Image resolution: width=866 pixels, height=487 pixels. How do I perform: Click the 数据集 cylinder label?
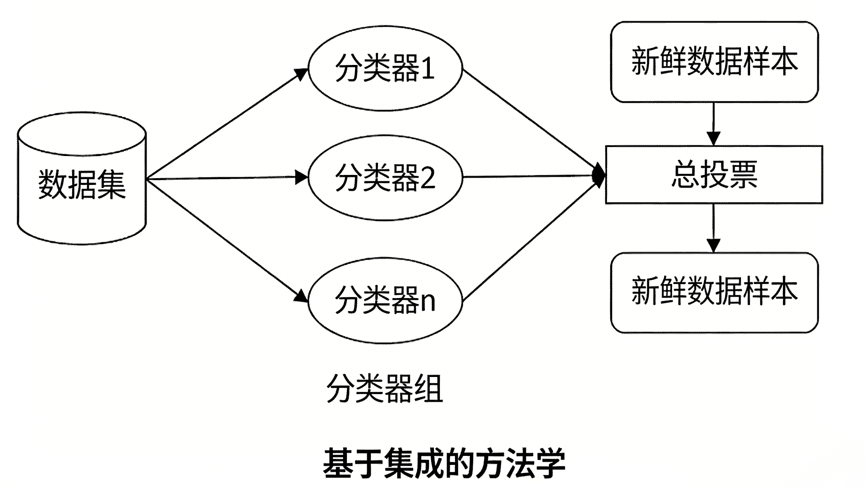click(82, 184)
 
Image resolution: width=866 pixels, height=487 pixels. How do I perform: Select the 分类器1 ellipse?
click(385, 69)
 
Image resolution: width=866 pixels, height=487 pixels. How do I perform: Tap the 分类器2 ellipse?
click(385, 177)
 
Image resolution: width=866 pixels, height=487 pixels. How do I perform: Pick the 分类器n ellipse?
click(385, 300)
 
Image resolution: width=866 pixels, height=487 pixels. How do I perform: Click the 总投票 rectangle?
click(714, 175)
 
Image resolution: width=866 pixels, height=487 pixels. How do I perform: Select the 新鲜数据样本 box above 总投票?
click(714, 62)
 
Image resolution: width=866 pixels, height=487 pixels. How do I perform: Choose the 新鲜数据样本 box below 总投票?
click(714, 292)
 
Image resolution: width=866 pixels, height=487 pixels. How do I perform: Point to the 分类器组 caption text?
click(385, 389)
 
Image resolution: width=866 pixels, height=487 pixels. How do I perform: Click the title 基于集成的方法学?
click(444, 463)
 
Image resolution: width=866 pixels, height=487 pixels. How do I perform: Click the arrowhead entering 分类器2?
click(301, 177)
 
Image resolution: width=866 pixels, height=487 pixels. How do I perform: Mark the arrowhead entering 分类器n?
click(301, 296)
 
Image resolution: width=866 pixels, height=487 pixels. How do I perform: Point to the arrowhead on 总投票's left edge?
click(599, 175)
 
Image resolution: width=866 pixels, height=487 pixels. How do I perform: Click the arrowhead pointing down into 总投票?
click(714, 138)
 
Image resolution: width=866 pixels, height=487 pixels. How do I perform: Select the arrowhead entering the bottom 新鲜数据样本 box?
click(714, 245)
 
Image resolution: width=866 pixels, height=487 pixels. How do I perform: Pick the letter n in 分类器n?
click(428, 302)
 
